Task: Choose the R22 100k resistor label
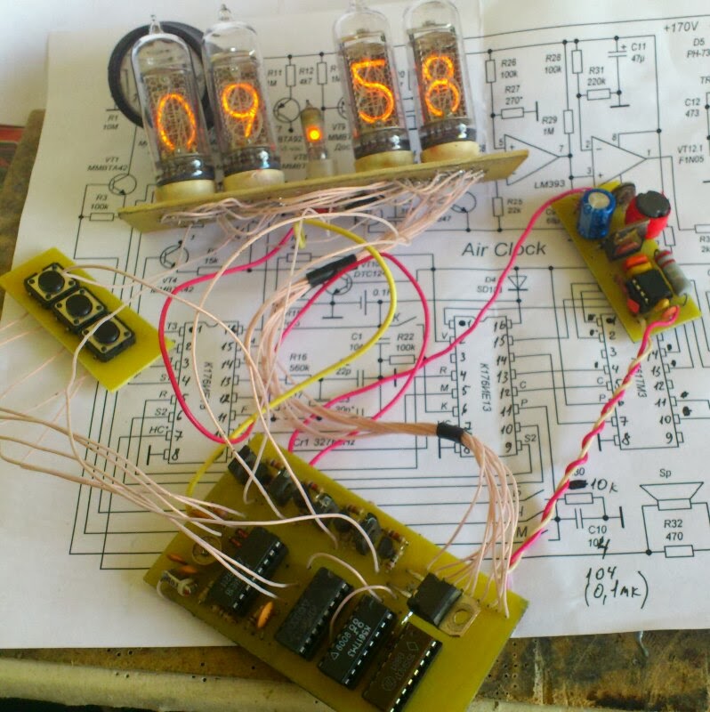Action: tap(405, 342)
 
